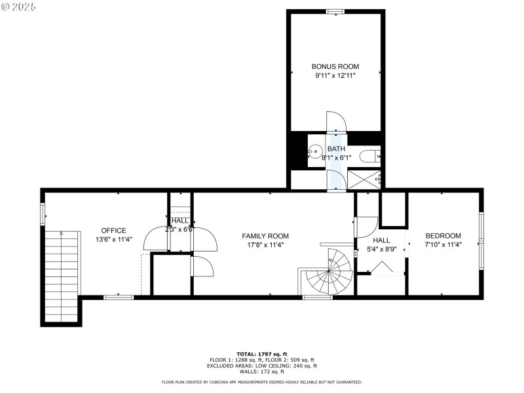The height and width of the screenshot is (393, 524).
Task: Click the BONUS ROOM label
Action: [335, 66]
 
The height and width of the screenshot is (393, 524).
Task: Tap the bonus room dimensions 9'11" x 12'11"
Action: [335, 76]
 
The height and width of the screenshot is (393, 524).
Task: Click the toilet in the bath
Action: [369, 157]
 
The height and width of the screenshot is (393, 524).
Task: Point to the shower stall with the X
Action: [364, 179]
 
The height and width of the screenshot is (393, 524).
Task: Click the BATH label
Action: [336, 149]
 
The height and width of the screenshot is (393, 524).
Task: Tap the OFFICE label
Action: [113, 231]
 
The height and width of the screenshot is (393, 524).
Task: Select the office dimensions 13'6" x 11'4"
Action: [113, 240]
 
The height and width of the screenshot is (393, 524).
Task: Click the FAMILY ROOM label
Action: [265, 236]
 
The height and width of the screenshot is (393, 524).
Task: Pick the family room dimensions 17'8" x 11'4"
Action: [265, 245]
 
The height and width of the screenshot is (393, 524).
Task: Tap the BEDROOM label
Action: [443, 236]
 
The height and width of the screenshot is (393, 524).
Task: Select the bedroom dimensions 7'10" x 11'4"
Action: [443, 245]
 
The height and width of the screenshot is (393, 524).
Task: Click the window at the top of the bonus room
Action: [335, 10]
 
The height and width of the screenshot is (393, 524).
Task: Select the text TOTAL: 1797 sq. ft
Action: [262, 354]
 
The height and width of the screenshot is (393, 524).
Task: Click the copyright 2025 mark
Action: [20, 6]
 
